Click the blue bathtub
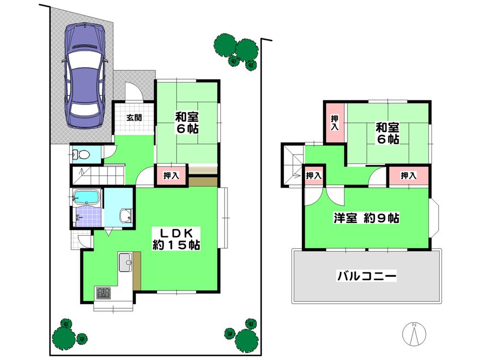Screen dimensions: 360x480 [86, 197]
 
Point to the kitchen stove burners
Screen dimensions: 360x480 [103, 293]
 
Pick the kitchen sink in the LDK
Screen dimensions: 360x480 [126, 262]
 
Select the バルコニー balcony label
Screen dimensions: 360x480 [366, 276]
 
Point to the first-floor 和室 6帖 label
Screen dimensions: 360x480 [187, 123]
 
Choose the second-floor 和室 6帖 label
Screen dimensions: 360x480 [387, 133]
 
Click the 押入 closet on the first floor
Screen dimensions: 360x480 [171, 176]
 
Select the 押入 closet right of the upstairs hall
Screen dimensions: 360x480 [408, 176]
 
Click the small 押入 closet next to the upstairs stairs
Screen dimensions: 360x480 [313, 176]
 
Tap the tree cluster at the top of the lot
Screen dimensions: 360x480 [238, 49]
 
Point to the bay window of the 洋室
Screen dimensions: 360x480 [434, 218]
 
